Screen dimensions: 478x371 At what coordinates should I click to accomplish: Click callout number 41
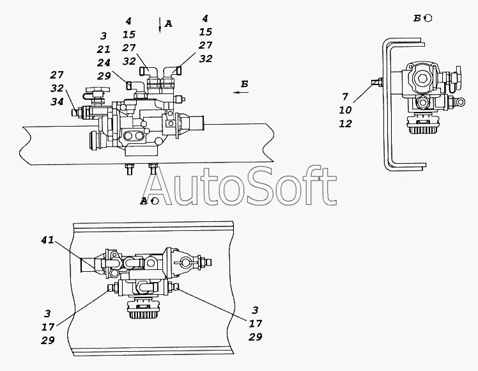click(x=47, y=240)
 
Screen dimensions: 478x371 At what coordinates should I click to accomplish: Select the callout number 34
click(x=57, y=102)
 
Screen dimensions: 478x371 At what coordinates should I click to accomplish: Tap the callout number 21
click(x=104, y=49)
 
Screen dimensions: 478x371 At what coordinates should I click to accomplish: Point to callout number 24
click(x=104, y=63)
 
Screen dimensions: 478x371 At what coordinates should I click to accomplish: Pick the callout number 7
click(x=345, y=97)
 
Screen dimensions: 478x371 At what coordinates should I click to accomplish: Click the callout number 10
click(x=345, y=110)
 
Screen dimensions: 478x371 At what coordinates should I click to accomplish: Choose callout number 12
click(x=345, y=123)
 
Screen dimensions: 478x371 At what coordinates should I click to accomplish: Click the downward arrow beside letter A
click(x=159, y=25)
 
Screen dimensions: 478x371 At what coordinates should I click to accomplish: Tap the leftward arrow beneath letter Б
click(x=241, y=92)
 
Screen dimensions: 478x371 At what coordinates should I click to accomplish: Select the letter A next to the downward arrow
click(x=168, y=24)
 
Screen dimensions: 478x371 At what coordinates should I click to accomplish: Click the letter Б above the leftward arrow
click(x=245, y=84)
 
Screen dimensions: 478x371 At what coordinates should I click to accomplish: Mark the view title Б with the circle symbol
click(x=422, y=19)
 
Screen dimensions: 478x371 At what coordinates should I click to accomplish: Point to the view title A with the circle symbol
click(x=150, y=201)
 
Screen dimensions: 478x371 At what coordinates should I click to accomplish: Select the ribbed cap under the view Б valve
click(x=420, y=126)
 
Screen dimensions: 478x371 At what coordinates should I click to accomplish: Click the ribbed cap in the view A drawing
click(x=143, y=310)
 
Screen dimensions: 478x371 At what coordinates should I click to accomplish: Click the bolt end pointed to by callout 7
click(x=376, y=82)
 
